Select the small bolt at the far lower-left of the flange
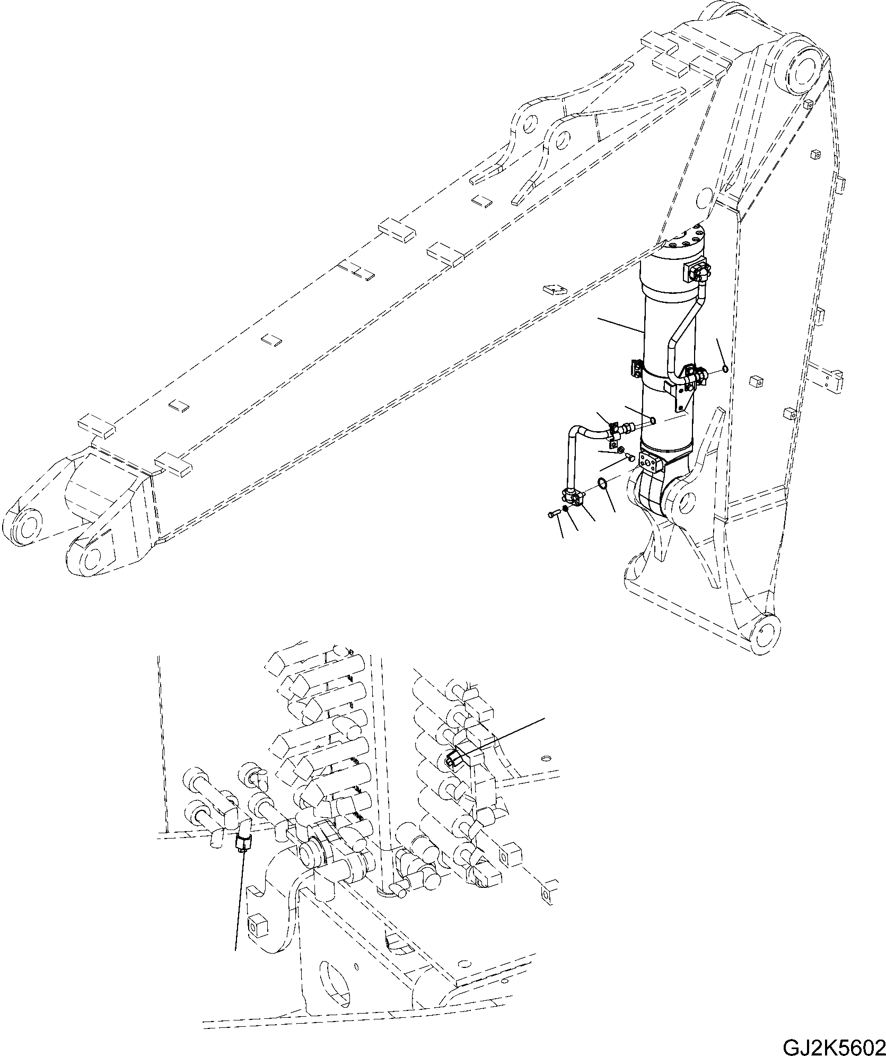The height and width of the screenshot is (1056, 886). pos(552,513)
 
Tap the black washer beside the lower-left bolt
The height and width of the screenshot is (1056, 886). pos(566,509)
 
